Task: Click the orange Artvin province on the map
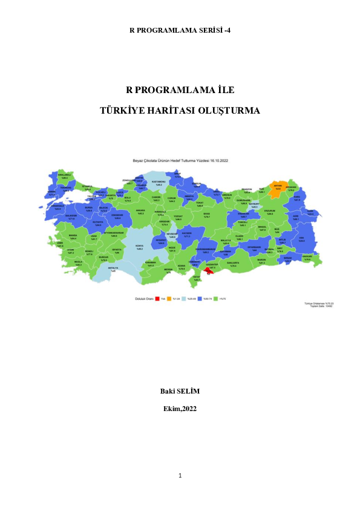pos(278,187)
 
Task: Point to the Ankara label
pos(140,212)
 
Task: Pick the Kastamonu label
pos(159,182)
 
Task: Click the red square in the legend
pos(157,298)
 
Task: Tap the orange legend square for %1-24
pos(170,298)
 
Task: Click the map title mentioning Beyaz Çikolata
pos(180,161)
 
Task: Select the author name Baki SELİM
pos(180,391)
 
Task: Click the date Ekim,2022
pos(180,409)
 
